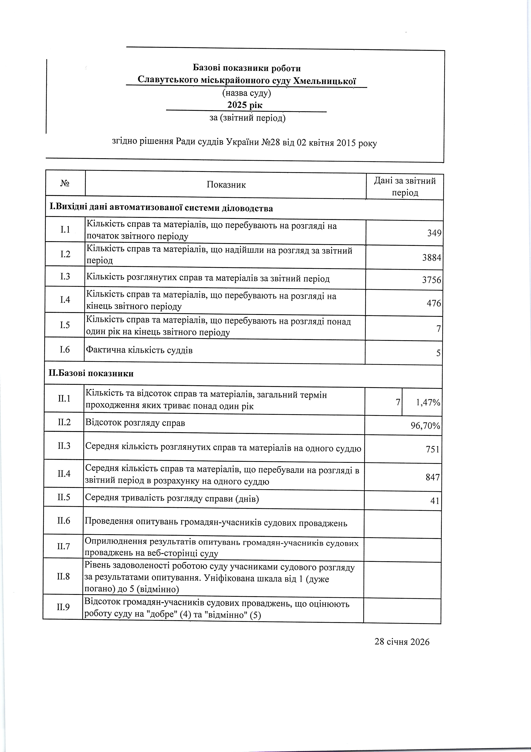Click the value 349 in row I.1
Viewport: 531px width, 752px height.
(x=434, y=233)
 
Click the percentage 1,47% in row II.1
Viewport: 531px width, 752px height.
(x=428, y=403)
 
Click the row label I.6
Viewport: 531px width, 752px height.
(x=65, y=350)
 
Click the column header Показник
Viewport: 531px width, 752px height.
(x=226, y=185)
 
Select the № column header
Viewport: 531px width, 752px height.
(x=65, y=183)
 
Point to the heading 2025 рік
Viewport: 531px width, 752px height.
(x=245, y=105)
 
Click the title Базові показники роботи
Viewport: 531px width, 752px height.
(x=247, y=68)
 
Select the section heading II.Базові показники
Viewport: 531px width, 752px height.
(x=91, y=373)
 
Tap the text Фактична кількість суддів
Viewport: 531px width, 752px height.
(x=139, y=350)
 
